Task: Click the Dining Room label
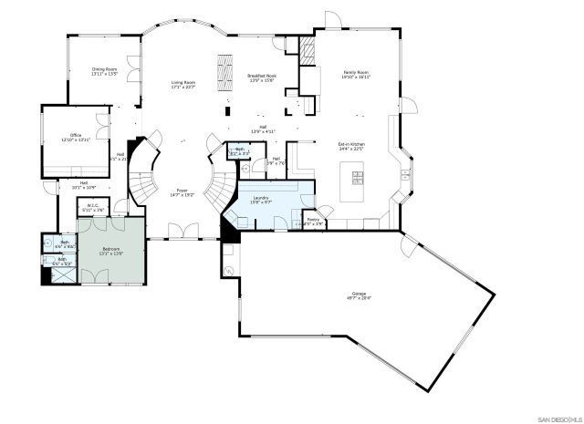pyautogui.click(x=104, y=70)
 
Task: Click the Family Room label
pyautogui.click(x=356, y=74)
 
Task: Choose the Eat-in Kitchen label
pyautogui.click(x=351, y=147)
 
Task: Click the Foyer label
pyautogui.click(x=182, y=192)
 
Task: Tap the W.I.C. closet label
pyautogui.click(x=93, y=206)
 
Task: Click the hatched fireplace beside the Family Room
pyautogui.click(x=308, y=51)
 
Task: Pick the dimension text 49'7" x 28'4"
pyautogui.click(x=359, y=298)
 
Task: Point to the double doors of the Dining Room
pyautogui.click(x=135, y=65)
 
